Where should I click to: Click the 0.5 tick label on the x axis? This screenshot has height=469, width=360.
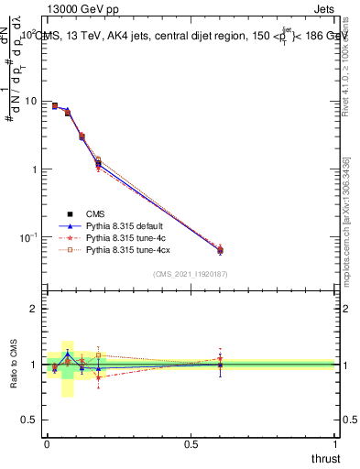point(191,444)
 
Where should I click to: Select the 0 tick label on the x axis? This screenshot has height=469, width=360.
point(47,444)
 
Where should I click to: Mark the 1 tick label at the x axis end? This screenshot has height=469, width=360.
point(335,444)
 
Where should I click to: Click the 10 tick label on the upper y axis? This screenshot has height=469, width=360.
point(31,101)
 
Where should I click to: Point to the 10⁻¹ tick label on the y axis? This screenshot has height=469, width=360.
point(29,237)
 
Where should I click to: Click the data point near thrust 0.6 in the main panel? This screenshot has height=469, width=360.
point(220,250)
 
